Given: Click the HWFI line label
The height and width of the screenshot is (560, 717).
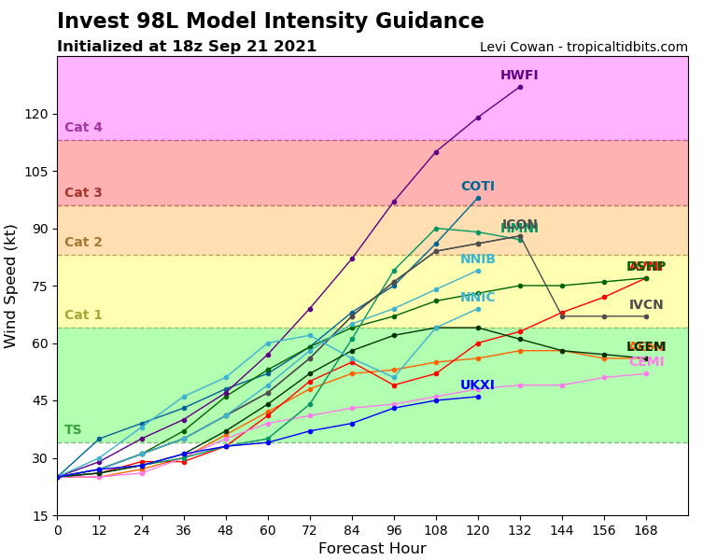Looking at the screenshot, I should click(x=519, y=76).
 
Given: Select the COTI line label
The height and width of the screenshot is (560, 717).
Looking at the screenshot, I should click(x=477, y=187).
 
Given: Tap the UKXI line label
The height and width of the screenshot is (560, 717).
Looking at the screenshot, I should click(x=477, y=385).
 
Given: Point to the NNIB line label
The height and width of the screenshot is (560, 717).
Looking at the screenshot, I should click(x=477, y=259).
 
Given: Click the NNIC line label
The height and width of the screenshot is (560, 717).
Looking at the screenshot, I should click(x=477, y=298).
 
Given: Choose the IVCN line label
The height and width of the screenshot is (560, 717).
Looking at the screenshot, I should click(x=646, y=305).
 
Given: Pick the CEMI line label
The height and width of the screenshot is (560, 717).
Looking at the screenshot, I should click(x=646, y=362).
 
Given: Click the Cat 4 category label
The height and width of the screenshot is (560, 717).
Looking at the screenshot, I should click(x=83, y=128).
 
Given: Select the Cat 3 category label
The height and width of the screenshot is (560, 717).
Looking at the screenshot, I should click(x=83, y=193).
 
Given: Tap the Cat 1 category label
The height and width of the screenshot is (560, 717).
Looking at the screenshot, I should click(x=83, y=315).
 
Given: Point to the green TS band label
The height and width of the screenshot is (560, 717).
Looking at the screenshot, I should click(x=73, y=430).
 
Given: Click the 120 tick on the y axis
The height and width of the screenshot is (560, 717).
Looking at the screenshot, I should click(x=35, y=114).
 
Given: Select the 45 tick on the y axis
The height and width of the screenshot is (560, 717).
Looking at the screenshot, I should click(x=39, y=400).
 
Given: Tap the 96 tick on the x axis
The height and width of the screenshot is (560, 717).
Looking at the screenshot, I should click(x=394, y=529).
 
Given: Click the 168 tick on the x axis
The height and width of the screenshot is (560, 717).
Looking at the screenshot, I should click(x=646, y=529).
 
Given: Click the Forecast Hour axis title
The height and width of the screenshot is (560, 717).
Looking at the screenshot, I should click(x=372, y=549).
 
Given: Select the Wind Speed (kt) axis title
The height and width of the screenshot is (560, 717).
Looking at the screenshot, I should click(x=11, y=286).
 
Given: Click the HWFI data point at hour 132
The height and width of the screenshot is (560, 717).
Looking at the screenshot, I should click(x=520, y=87).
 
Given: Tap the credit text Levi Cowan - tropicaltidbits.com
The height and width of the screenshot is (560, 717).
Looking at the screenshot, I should click(x=583, y=48).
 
